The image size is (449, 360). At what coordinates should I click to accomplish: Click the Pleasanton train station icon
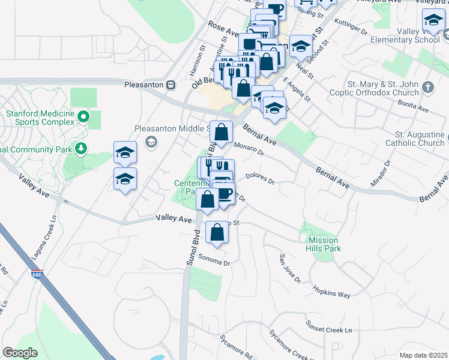(x=171, y=85)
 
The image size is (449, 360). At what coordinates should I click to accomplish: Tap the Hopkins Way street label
(x=331, y=292)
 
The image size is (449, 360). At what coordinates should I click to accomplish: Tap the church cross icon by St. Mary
(x=427, y=87)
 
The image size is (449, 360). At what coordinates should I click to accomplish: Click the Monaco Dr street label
(x=249, y=148)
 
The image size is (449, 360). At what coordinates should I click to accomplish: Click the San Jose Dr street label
(x=289, y=268)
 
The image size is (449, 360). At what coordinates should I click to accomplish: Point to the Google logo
(x=20, y=353)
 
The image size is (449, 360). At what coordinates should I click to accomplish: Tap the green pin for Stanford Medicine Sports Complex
(x=83, y=115)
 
